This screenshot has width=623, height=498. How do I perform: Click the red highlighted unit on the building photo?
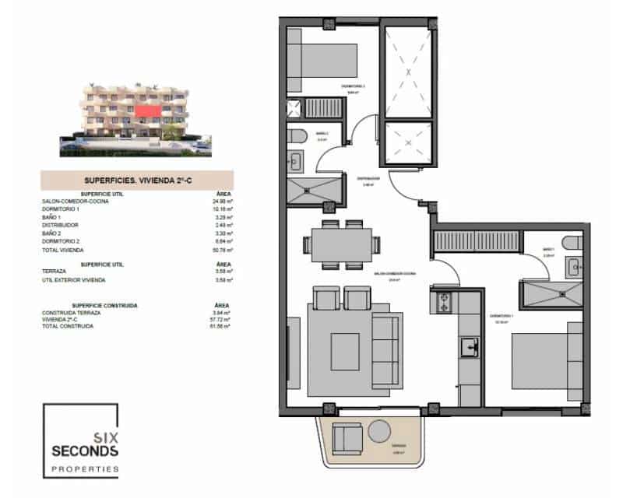[x=148, y=112]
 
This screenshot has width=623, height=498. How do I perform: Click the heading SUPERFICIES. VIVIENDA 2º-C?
[x=136, y=180]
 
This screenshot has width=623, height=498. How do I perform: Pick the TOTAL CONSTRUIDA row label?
[x=68, y=326]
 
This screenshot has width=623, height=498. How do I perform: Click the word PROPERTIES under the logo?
[x=84, y=469]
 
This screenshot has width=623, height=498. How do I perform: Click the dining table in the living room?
[x=340, y=242]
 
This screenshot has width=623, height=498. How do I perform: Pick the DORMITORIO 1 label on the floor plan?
[x=499, y=316]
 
